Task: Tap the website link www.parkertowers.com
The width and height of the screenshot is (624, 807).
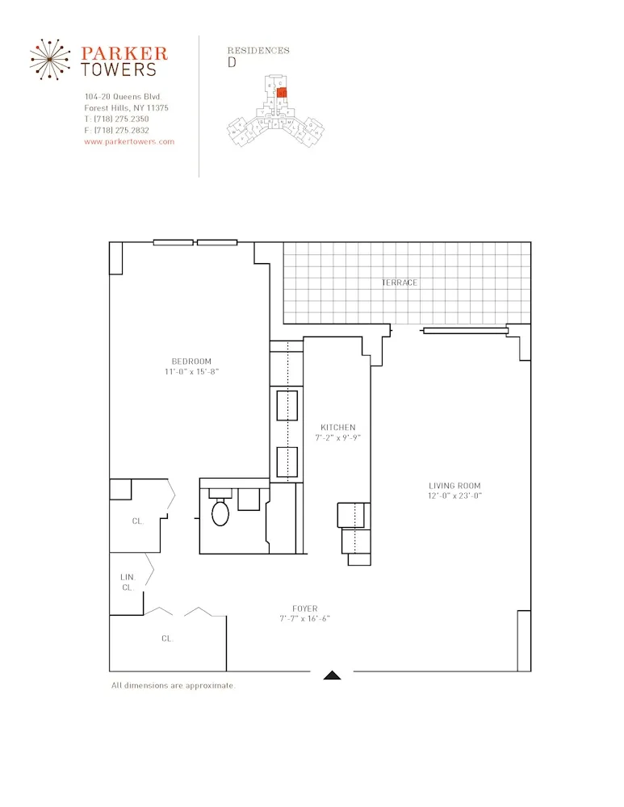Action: (129, 141)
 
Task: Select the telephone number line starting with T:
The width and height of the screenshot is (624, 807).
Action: (116, 119)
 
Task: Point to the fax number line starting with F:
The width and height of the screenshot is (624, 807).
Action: (116, 130)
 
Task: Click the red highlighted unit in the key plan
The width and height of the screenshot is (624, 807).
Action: (282, 92)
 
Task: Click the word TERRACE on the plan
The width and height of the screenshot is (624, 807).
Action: (400, 282)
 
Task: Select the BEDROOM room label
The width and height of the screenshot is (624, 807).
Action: (191, 361)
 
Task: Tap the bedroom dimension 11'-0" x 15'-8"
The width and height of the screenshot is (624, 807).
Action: (191, 372)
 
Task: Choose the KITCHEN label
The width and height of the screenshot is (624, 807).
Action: (337, 427)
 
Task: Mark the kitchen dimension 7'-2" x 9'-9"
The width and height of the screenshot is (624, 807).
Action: (337, 438)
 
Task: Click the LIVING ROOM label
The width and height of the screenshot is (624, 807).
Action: (454, 485)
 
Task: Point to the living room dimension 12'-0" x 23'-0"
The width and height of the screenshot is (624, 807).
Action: (454, 496)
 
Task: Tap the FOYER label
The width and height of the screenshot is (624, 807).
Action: (304, 608)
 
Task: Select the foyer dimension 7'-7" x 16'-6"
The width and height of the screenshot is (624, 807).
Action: (304, 619)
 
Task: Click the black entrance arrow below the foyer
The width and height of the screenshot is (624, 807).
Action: (332, 675)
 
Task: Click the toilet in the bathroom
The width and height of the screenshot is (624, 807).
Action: (220, 512)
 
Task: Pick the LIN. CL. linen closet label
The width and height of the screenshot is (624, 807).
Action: (127, 582)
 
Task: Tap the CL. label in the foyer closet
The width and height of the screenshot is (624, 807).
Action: (167, 638)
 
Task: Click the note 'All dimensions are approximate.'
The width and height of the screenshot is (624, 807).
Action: (173, 685)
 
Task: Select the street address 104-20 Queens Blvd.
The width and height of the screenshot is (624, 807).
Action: (123, 97)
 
